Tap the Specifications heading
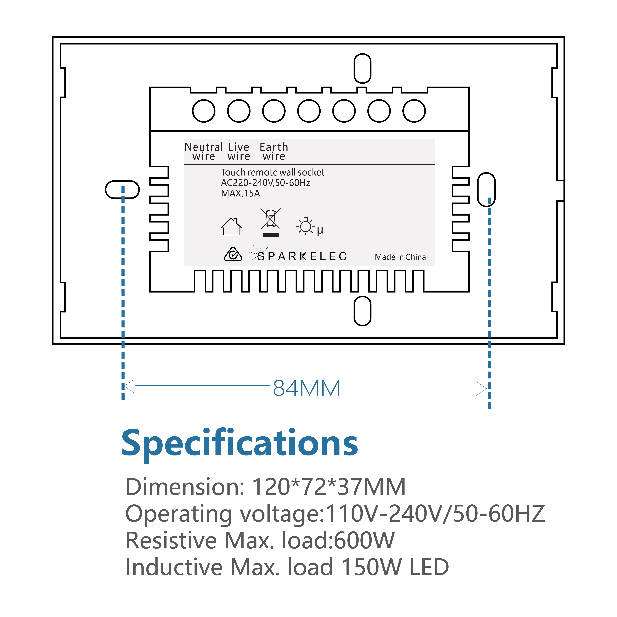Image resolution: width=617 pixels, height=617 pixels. [x=240, y=443]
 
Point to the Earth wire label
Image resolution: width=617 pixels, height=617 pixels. [x=274, y=151]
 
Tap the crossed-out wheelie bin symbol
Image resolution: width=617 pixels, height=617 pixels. [x=271, y=220]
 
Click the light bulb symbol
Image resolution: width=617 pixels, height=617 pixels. [x=306, y=226]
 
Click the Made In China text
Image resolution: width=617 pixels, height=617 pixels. [x=400, y=257]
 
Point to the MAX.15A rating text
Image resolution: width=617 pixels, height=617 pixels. [x=240, y=193]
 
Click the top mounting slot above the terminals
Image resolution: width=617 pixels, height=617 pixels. [x=363, y=68]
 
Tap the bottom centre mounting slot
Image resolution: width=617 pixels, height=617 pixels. [x=363, y=311]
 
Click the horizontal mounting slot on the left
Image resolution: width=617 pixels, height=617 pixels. [x=122, y=190]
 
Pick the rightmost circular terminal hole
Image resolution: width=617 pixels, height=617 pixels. [x=414, y=111]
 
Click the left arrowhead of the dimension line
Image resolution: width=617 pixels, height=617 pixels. [x=129, y=386]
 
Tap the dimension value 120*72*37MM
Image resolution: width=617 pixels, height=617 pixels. [x=329, y=487]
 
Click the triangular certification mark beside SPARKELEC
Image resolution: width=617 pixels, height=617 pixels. [x=233, y=254]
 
